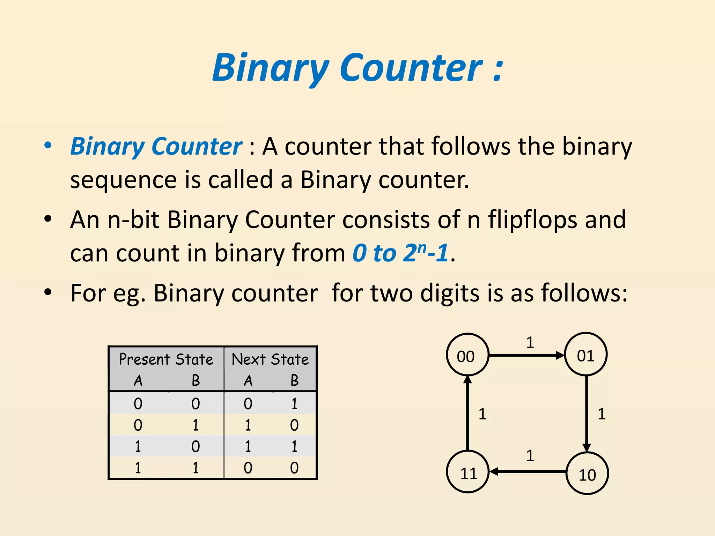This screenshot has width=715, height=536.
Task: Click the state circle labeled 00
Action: pos(467,355)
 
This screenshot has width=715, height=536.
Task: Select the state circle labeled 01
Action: pos(586,355)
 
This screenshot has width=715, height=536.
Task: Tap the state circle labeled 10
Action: pos(587,474)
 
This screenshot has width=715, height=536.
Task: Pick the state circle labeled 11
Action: pos(468,472)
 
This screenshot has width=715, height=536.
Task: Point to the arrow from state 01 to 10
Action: pos(587,414)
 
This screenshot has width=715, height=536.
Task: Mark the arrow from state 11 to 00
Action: pos(467,414)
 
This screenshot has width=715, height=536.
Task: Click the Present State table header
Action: pos(166,359)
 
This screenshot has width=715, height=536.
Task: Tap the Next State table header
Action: pos(270,359)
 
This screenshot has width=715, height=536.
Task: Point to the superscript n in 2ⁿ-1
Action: pos(422,247)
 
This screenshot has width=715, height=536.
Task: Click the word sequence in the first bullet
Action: pos(123,180)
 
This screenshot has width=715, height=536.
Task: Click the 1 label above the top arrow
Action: pos(530,343)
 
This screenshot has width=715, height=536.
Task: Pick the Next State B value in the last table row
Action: pos(294,468)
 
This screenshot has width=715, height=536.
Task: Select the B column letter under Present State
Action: pos(196,380)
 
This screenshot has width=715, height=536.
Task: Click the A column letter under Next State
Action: pos(248,380)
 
